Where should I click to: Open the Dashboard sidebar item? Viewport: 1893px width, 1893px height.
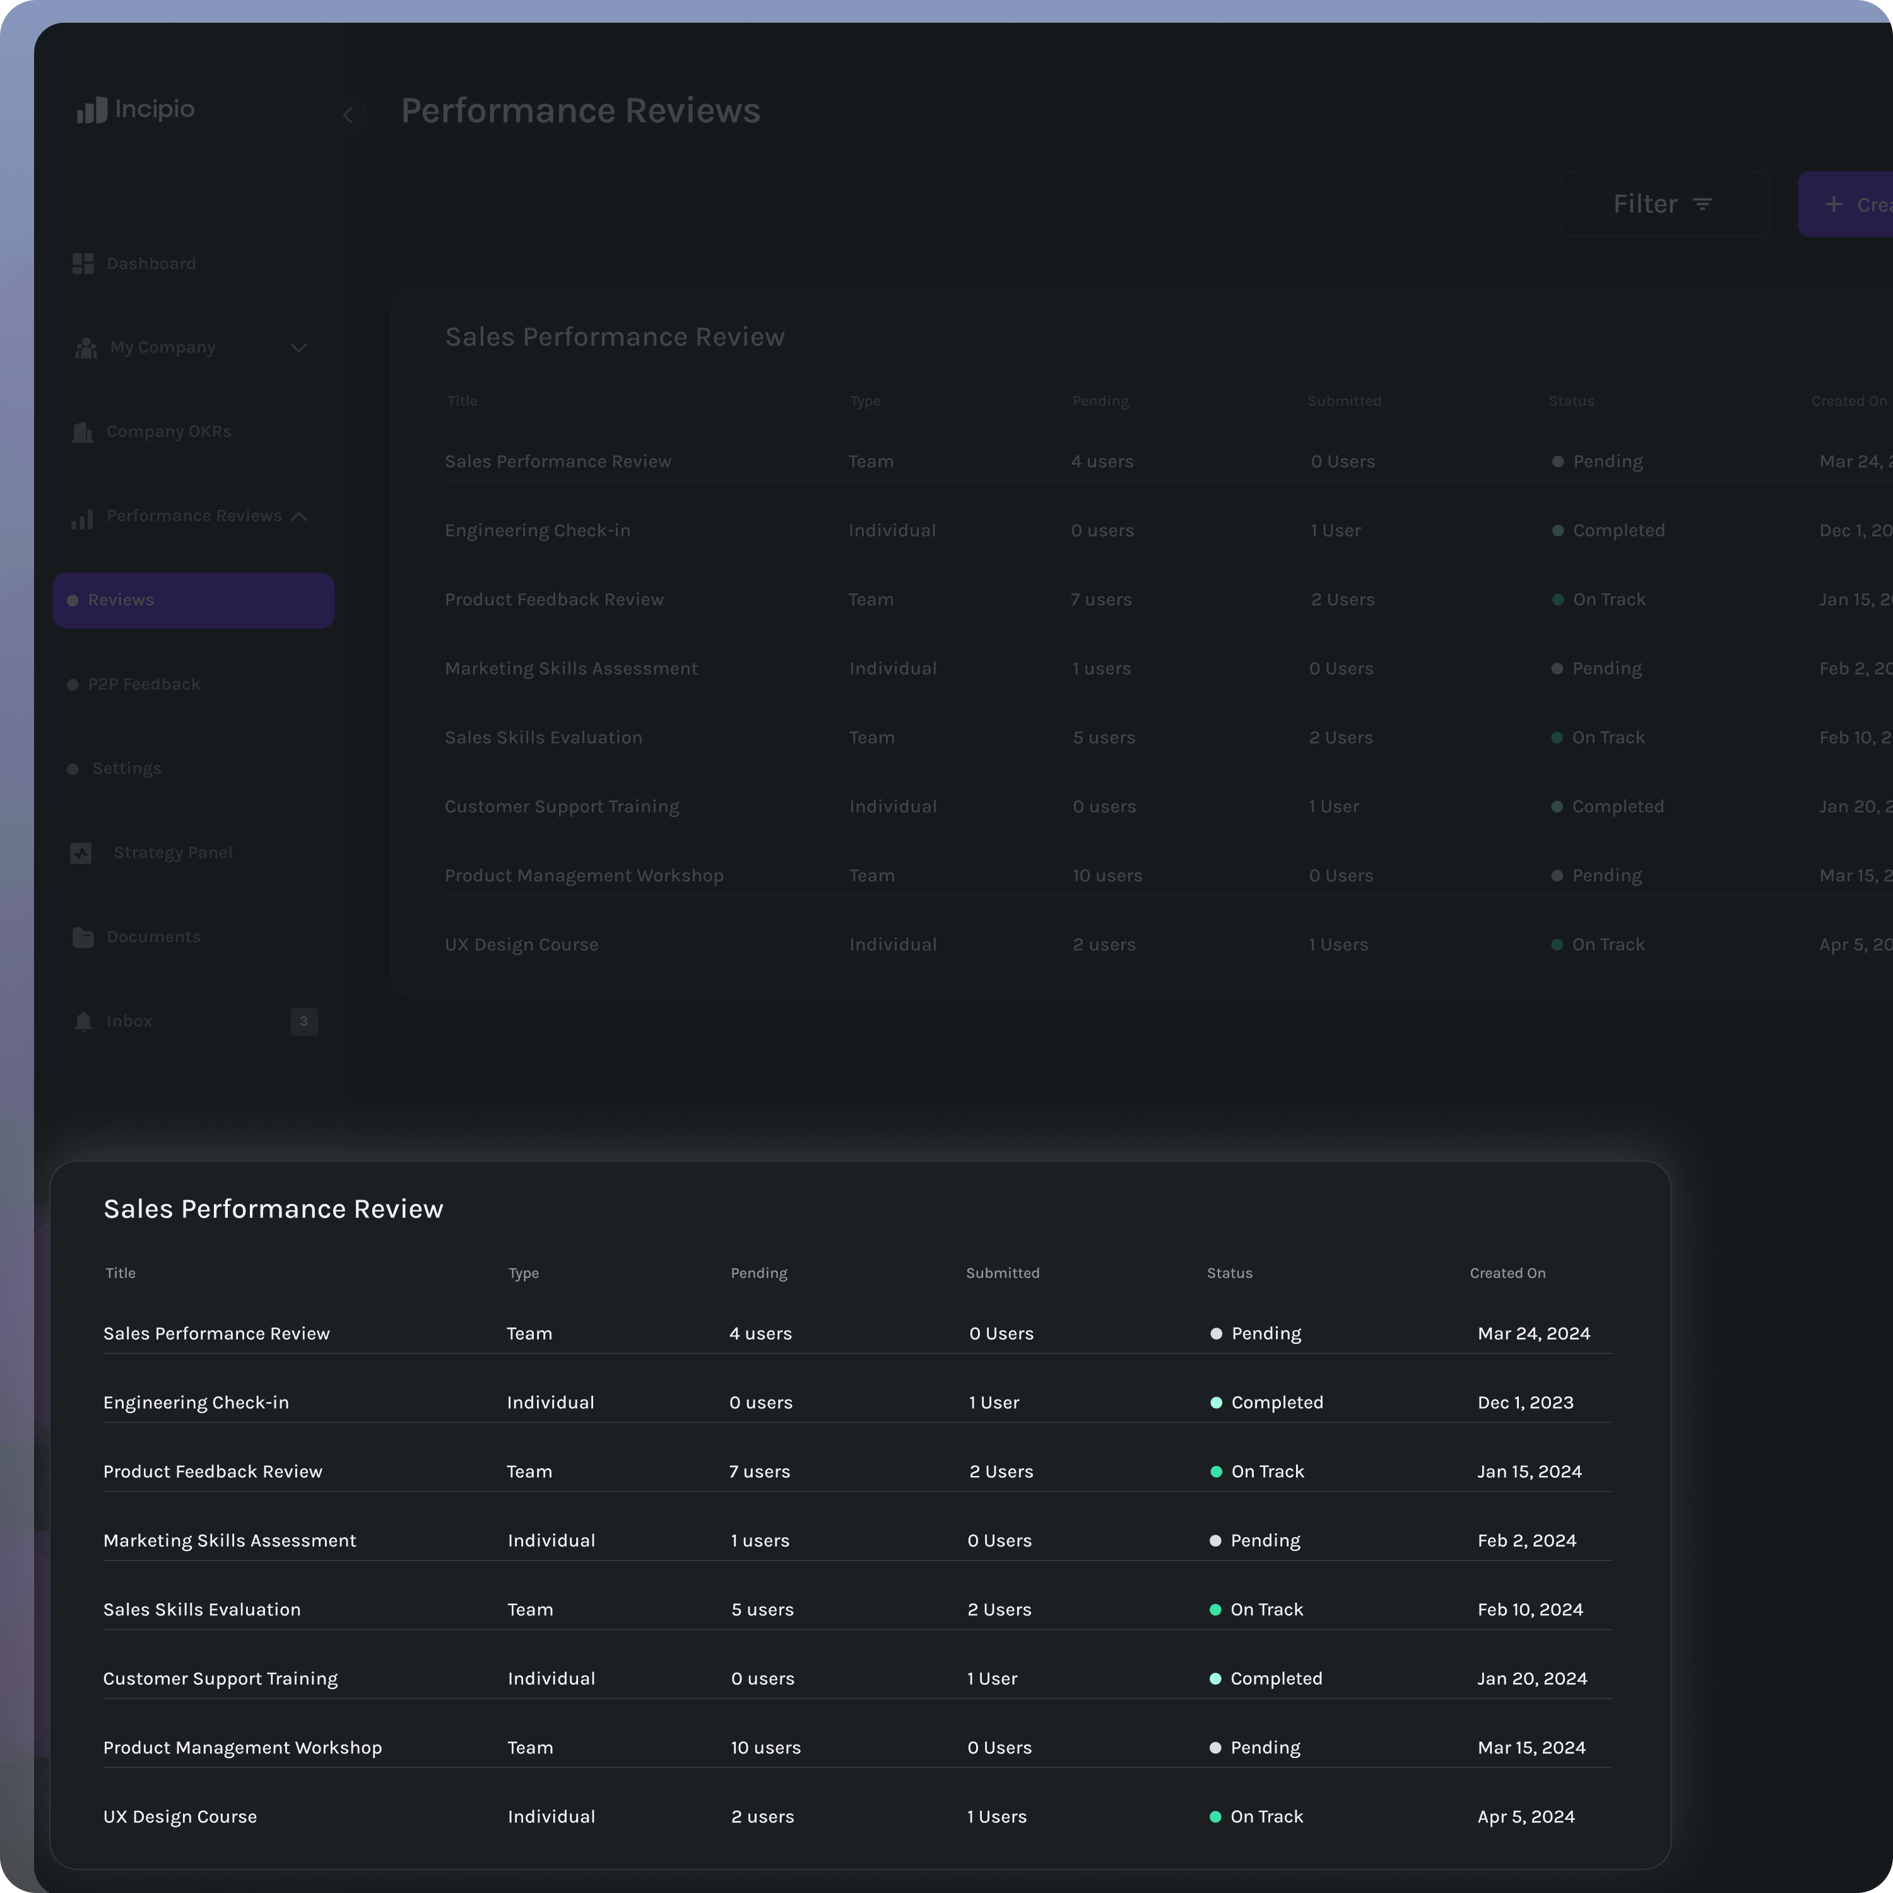(x=150, y=264)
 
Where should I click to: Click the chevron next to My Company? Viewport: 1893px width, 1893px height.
(x=299, y=348)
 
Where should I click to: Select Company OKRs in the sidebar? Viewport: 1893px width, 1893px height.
(x=168, y=431)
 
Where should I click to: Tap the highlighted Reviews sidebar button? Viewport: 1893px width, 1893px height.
(x=193, y=599)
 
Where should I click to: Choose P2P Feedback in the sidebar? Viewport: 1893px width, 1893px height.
(x=143, y=684)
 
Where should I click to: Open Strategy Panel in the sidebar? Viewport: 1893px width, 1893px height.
(x=172, y=852)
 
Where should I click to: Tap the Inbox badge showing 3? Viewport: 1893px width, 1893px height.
(x=304, y=1021)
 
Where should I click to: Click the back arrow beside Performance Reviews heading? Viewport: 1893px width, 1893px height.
(x=348, y=115)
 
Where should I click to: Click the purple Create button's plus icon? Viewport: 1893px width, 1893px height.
(x=1833, y=204)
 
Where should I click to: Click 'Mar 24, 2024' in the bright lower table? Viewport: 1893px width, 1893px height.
(x=1533, y=1333)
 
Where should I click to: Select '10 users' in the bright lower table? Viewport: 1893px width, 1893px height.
(x=765, y=1748)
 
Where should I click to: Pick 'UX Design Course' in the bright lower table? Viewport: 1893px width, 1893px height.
(x=180, y=1817)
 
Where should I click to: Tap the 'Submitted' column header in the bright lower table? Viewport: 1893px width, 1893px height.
(x=1003, y=1273)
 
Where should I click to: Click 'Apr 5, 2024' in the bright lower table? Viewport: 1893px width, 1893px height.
(x=1526, y=1817)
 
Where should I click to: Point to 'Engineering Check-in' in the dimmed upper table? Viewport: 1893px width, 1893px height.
(x=537, y=530)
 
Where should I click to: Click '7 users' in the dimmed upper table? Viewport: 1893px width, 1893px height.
(x=1100, y=599)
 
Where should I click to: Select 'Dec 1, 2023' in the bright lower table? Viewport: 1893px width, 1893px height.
(x=1526, y=1402)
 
